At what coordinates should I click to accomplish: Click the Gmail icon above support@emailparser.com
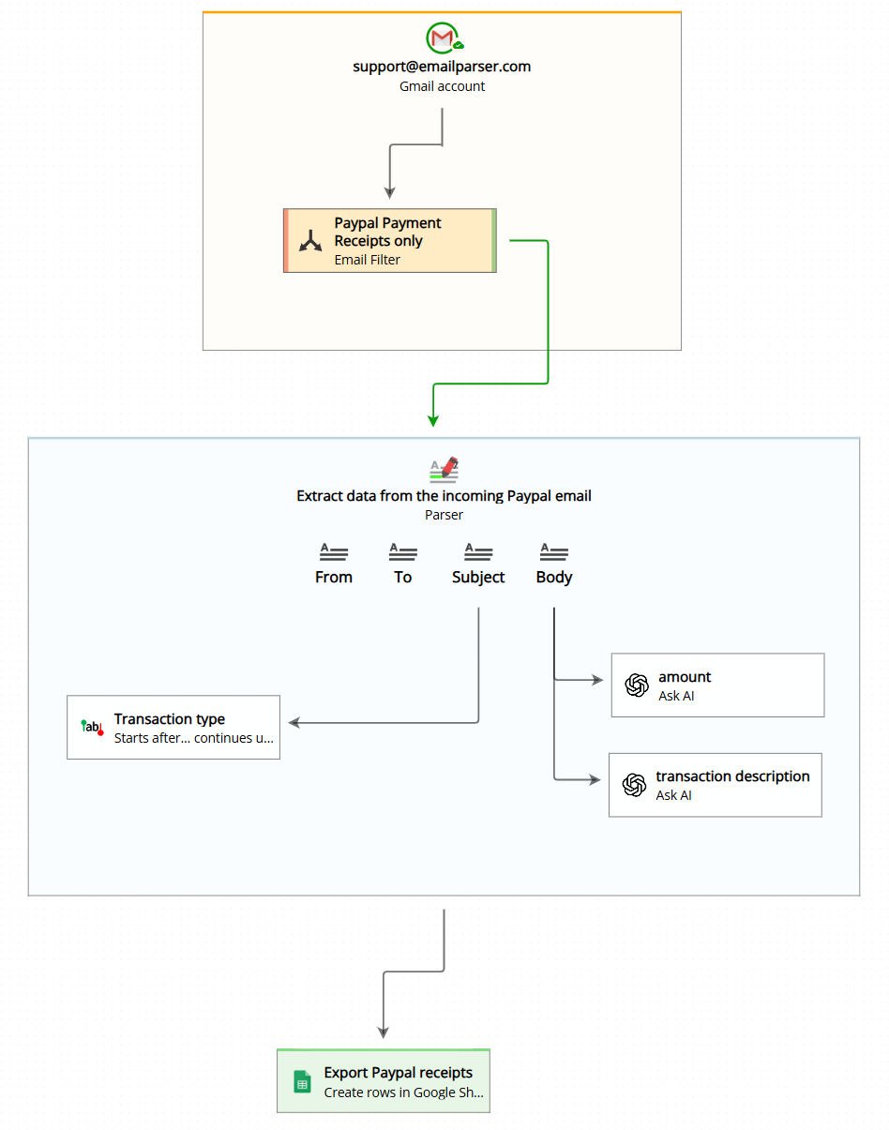tap(442, 38)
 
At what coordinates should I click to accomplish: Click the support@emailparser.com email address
tap(442, 67)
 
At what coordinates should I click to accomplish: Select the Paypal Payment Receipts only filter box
tap(389, 241)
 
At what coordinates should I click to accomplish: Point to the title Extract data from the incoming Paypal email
tap(444, 496)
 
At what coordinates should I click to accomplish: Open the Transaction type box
tap(173, 728)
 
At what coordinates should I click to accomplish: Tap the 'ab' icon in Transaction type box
tap(92, 727)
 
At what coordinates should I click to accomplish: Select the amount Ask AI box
tap(717, 686)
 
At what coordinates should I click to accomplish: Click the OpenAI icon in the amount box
tap(637, 686)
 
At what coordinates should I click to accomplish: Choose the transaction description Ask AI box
tap(716, 785)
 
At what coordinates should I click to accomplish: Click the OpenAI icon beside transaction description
tap(635, 785)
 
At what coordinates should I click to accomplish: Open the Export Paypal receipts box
tap(384, 1081)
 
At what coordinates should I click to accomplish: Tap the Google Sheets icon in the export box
tap(302, 1082)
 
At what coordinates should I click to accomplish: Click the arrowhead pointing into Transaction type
tap(294, 722)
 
